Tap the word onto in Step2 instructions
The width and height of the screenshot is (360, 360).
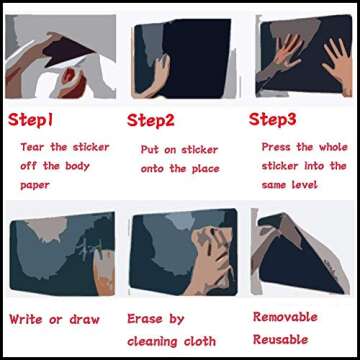pos(154,168)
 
